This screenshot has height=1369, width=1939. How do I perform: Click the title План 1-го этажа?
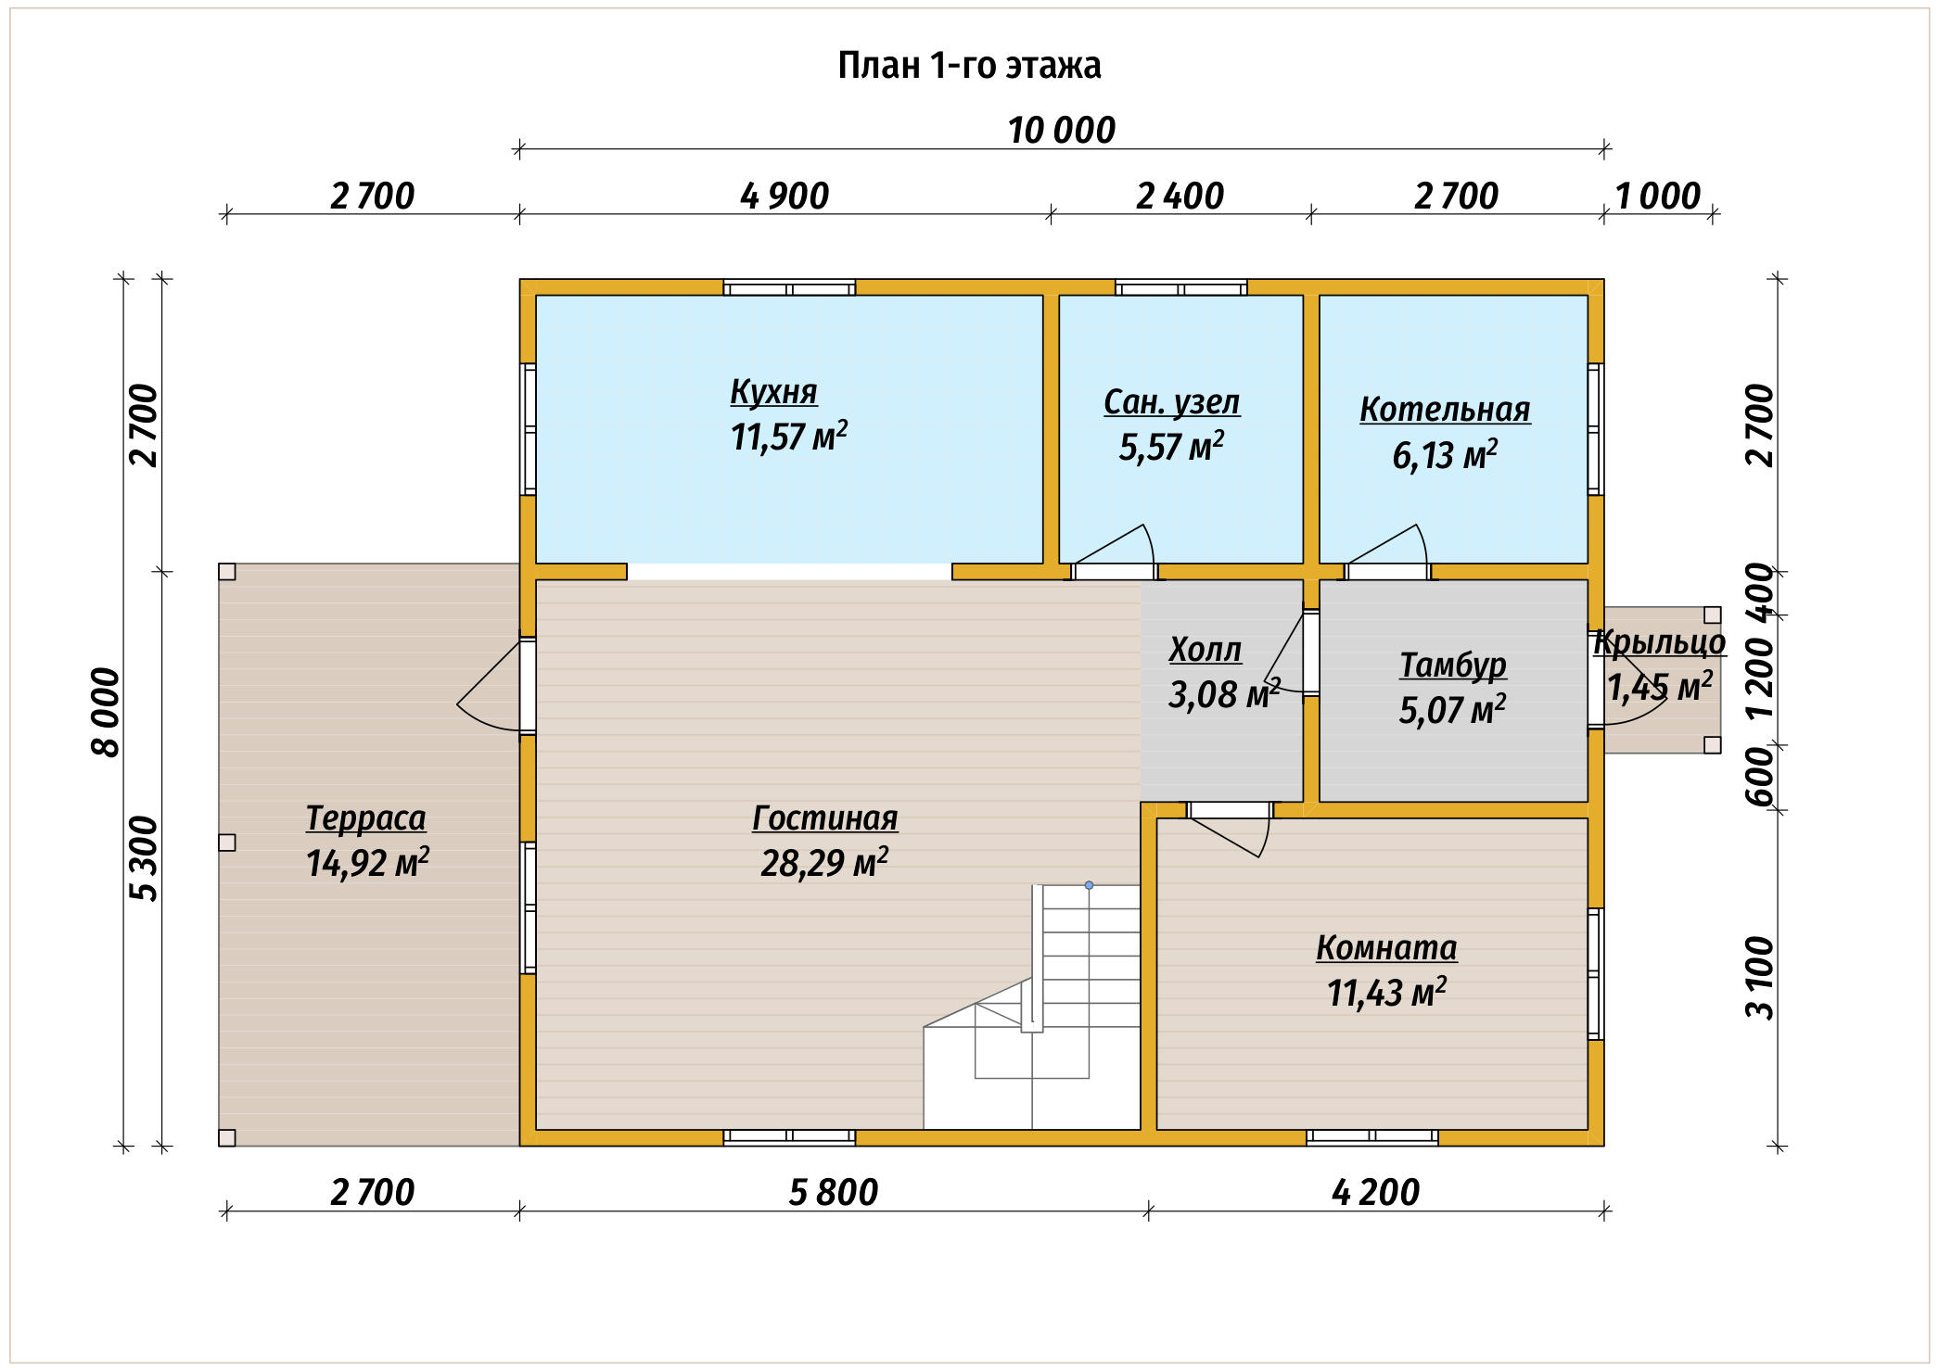(969, 66)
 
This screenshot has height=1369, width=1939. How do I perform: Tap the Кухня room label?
(773, 393)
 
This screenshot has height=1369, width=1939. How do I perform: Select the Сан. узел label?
(1171, 402)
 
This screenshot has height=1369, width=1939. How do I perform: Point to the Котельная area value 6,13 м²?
(1445, 455)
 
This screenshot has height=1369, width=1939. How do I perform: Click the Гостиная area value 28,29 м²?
(824, 863)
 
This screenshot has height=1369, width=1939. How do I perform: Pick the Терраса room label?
(365, 818)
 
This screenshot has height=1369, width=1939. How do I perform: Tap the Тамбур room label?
(1452, 665)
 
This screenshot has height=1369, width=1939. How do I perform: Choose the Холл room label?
(1205, 650)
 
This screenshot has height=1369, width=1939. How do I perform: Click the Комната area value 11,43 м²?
(1386, 993)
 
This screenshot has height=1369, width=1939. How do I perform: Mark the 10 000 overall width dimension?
(1062, 131)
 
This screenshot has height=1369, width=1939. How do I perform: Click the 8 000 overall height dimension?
(108, 712)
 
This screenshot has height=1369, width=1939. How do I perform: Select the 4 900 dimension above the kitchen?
(785, 196)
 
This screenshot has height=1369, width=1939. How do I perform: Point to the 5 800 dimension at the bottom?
(834, 1193)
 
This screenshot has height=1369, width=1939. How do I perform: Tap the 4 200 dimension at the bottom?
(1375, 1193)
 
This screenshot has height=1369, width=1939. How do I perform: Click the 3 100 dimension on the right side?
(1759, 978)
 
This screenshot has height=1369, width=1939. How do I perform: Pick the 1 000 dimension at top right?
(1658, 196)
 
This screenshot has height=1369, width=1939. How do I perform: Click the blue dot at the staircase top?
(1089, 885)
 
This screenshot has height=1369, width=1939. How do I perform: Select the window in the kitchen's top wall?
(789, 287)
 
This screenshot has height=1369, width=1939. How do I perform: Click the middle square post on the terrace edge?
(227, 843)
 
